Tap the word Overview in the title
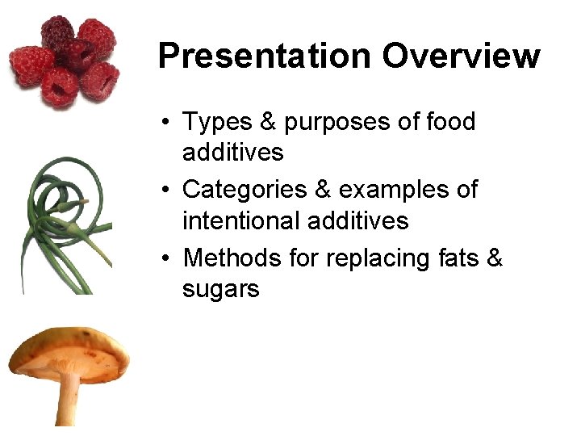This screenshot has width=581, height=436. click(x=461, y=57)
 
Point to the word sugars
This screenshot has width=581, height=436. click(x=220, y=289)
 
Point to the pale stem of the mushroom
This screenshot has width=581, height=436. click(x=68, y=400)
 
